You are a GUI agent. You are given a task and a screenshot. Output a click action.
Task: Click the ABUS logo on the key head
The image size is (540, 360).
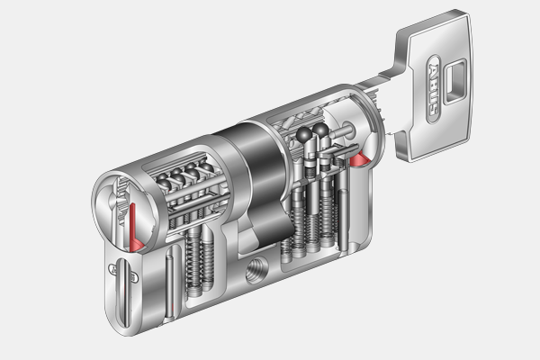click(x=434, y=89)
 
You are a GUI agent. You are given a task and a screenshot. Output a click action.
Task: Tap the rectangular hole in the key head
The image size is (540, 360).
click(x=455, y=81)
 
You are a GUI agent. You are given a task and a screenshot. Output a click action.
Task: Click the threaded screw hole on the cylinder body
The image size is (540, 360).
click(x=257, y=271)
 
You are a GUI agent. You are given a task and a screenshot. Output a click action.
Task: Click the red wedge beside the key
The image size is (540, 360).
click(x=359, y=159)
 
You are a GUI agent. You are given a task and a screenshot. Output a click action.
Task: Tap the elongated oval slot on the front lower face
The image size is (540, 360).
click(x=124, y=292)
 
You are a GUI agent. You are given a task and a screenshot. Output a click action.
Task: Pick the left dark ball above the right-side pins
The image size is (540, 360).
click(x=304, y=134)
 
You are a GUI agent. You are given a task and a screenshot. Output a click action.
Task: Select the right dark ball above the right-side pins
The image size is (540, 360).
click(x=321, y=130)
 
